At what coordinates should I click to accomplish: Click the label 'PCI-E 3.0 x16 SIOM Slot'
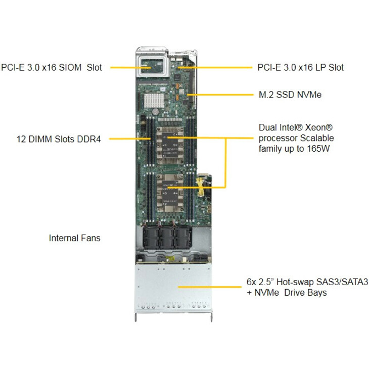(x=51, y=68)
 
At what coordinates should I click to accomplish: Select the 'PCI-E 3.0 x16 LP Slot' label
(x=301, y=68)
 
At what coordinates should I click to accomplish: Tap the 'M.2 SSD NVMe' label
(x=290, y=95)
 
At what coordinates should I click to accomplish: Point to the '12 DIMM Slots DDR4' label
(x=59, y=139)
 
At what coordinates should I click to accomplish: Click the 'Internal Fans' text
(x=75, y=238)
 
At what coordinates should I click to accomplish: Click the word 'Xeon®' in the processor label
(x=319, y=127)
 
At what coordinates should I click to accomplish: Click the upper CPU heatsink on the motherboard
(x=170, y=145)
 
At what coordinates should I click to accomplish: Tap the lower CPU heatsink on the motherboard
(x=170, y=193)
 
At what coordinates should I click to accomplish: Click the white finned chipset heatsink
(x=154, y=101)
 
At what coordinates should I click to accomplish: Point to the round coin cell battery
(x=156, y=112)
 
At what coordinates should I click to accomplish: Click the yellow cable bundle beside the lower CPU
(x=200, y=187)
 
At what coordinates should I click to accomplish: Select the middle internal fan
(x=167, y=238)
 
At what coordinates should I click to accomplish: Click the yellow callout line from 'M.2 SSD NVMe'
(x=220, y=95)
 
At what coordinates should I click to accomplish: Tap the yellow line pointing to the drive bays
(x=210, y=287)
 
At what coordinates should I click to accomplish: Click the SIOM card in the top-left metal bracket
(x=152, y=65)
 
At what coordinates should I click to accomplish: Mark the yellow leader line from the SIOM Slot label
(x=130, y=68)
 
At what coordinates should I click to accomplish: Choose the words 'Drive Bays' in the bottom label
(x=305, y=293)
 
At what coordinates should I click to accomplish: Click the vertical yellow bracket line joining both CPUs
(x=225, y=163)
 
